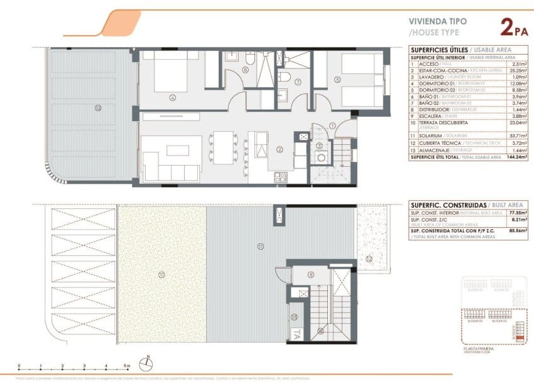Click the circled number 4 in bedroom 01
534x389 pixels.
click(172, 97)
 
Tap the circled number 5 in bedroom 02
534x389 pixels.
click(337, 80)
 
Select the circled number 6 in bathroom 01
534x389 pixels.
click(244, 70)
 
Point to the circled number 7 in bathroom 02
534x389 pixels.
click(298, 82)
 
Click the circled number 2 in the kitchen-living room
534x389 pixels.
click(280, 149)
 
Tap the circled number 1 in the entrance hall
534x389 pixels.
click(332, 126)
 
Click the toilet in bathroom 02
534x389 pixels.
click(285, 78)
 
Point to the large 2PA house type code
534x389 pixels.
click(513, 28)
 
